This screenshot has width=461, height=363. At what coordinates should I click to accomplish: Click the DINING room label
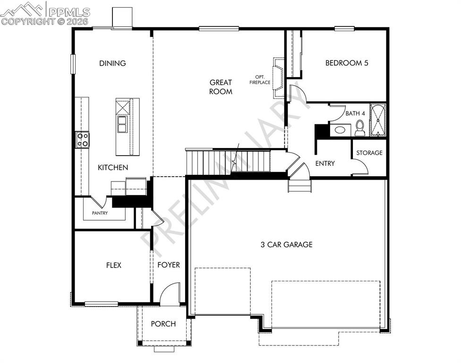click(112, 63)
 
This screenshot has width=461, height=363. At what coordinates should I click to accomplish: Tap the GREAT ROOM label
click(221, 87)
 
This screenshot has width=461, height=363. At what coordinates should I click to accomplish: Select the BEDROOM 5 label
click(346, 63)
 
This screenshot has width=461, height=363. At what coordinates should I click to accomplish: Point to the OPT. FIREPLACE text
click(260, 80)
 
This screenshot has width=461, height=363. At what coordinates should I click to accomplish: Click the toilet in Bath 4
click(360, 128)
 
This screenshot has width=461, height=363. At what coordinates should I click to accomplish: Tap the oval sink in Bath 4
click(339, 130)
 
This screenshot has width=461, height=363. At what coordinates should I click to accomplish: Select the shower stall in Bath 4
click(378, 120)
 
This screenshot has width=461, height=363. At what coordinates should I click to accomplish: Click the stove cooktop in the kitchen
click(83, 139)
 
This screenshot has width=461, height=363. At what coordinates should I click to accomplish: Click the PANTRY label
click(100, 213)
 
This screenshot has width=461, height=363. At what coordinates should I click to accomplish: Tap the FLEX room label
click(113, 265)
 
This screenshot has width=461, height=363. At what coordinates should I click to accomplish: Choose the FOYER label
click(169, 265)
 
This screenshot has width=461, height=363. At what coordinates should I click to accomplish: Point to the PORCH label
click(163, 324)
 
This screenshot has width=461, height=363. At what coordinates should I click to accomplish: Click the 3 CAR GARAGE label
click(286, 244)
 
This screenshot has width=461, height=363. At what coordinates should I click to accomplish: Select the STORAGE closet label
click(369, 153)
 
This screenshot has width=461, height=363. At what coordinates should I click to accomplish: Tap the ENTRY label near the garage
click(325, 164)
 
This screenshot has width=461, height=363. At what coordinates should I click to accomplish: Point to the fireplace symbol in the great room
click(278, 78)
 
